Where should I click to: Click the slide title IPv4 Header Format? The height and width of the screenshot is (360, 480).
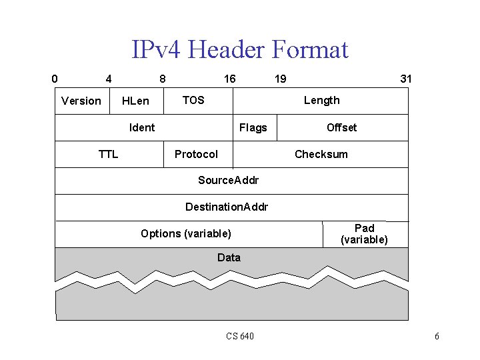(240, 49)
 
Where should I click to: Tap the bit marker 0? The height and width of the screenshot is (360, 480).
(55, 79)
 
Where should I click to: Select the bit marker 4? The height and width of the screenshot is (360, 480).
(109, 79)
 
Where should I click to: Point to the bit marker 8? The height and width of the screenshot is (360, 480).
(163, 79)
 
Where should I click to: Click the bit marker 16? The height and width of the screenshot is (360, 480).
(229, 79)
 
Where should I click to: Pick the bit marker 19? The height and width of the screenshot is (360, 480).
(281, 79)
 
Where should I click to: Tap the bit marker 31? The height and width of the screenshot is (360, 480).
(405, 79)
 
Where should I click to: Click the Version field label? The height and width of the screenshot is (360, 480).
(81, 101)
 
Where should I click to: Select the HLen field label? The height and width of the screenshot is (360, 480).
(136, 101)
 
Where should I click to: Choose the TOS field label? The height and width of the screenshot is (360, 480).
(193, 100)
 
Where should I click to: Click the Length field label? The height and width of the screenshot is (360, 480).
(321, 100)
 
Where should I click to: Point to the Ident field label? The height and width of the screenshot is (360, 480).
(142, 127)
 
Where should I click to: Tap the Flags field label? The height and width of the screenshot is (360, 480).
(253, 127)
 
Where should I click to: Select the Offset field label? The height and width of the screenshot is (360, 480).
(341, 127)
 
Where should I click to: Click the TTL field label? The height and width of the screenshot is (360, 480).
(108, 154)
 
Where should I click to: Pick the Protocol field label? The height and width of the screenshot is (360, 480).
(196, 154)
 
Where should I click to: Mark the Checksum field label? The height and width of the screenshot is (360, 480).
(321, 154)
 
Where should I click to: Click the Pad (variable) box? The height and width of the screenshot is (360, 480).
(365, 234)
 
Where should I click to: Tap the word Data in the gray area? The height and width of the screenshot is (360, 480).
(229, 257)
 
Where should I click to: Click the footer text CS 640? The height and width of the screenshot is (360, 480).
(240, 336)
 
